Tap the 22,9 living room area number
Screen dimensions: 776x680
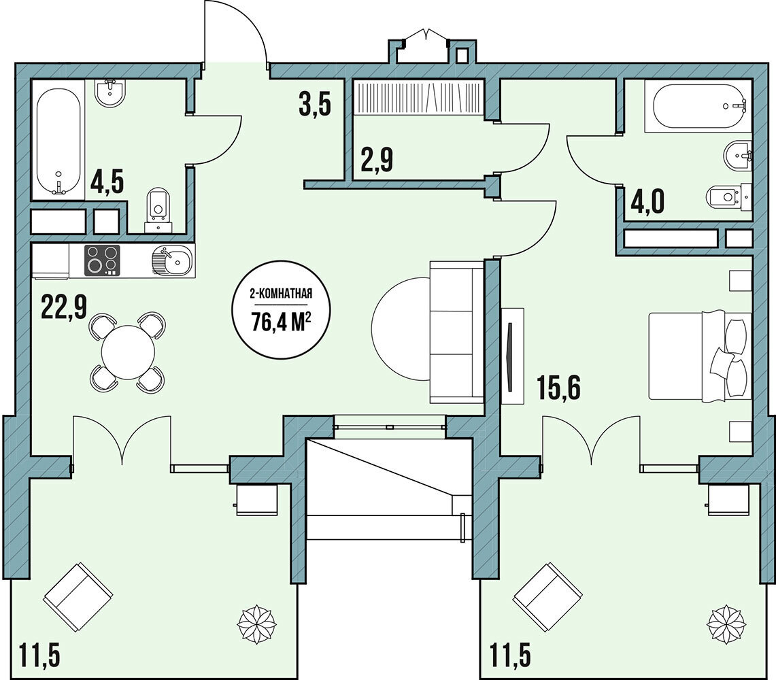click(64, 308)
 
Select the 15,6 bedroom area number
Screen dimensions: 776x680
click(560, 388)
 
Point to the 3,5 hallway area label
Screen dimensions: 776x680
click(314, 105)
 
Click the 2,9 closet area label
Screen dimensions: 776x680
click(377, 160)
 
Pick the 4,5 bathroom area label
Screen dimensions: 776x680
click(107, 182)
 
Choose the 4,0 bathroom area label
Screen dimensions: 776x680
click(647, 203)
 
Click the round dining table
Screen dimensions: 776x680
click(128, 352)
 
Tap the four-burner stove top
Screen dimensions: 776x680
click(103, 260)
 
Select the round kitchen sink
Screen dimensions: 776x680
click(171, 260)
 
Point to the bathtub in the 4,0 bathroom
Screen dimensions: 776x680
click(698, 107)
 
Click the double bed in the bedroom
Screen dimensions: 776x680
click(700, 356)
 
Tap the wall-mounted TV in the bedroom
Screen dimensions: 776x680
click(510, 356)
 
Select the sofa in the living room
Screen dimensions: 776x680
click(457, 333)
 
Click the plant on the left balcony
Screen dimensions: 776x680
click(256, 623)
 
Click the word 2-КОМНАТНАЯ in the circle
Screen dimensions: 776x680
click(282, 296)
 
